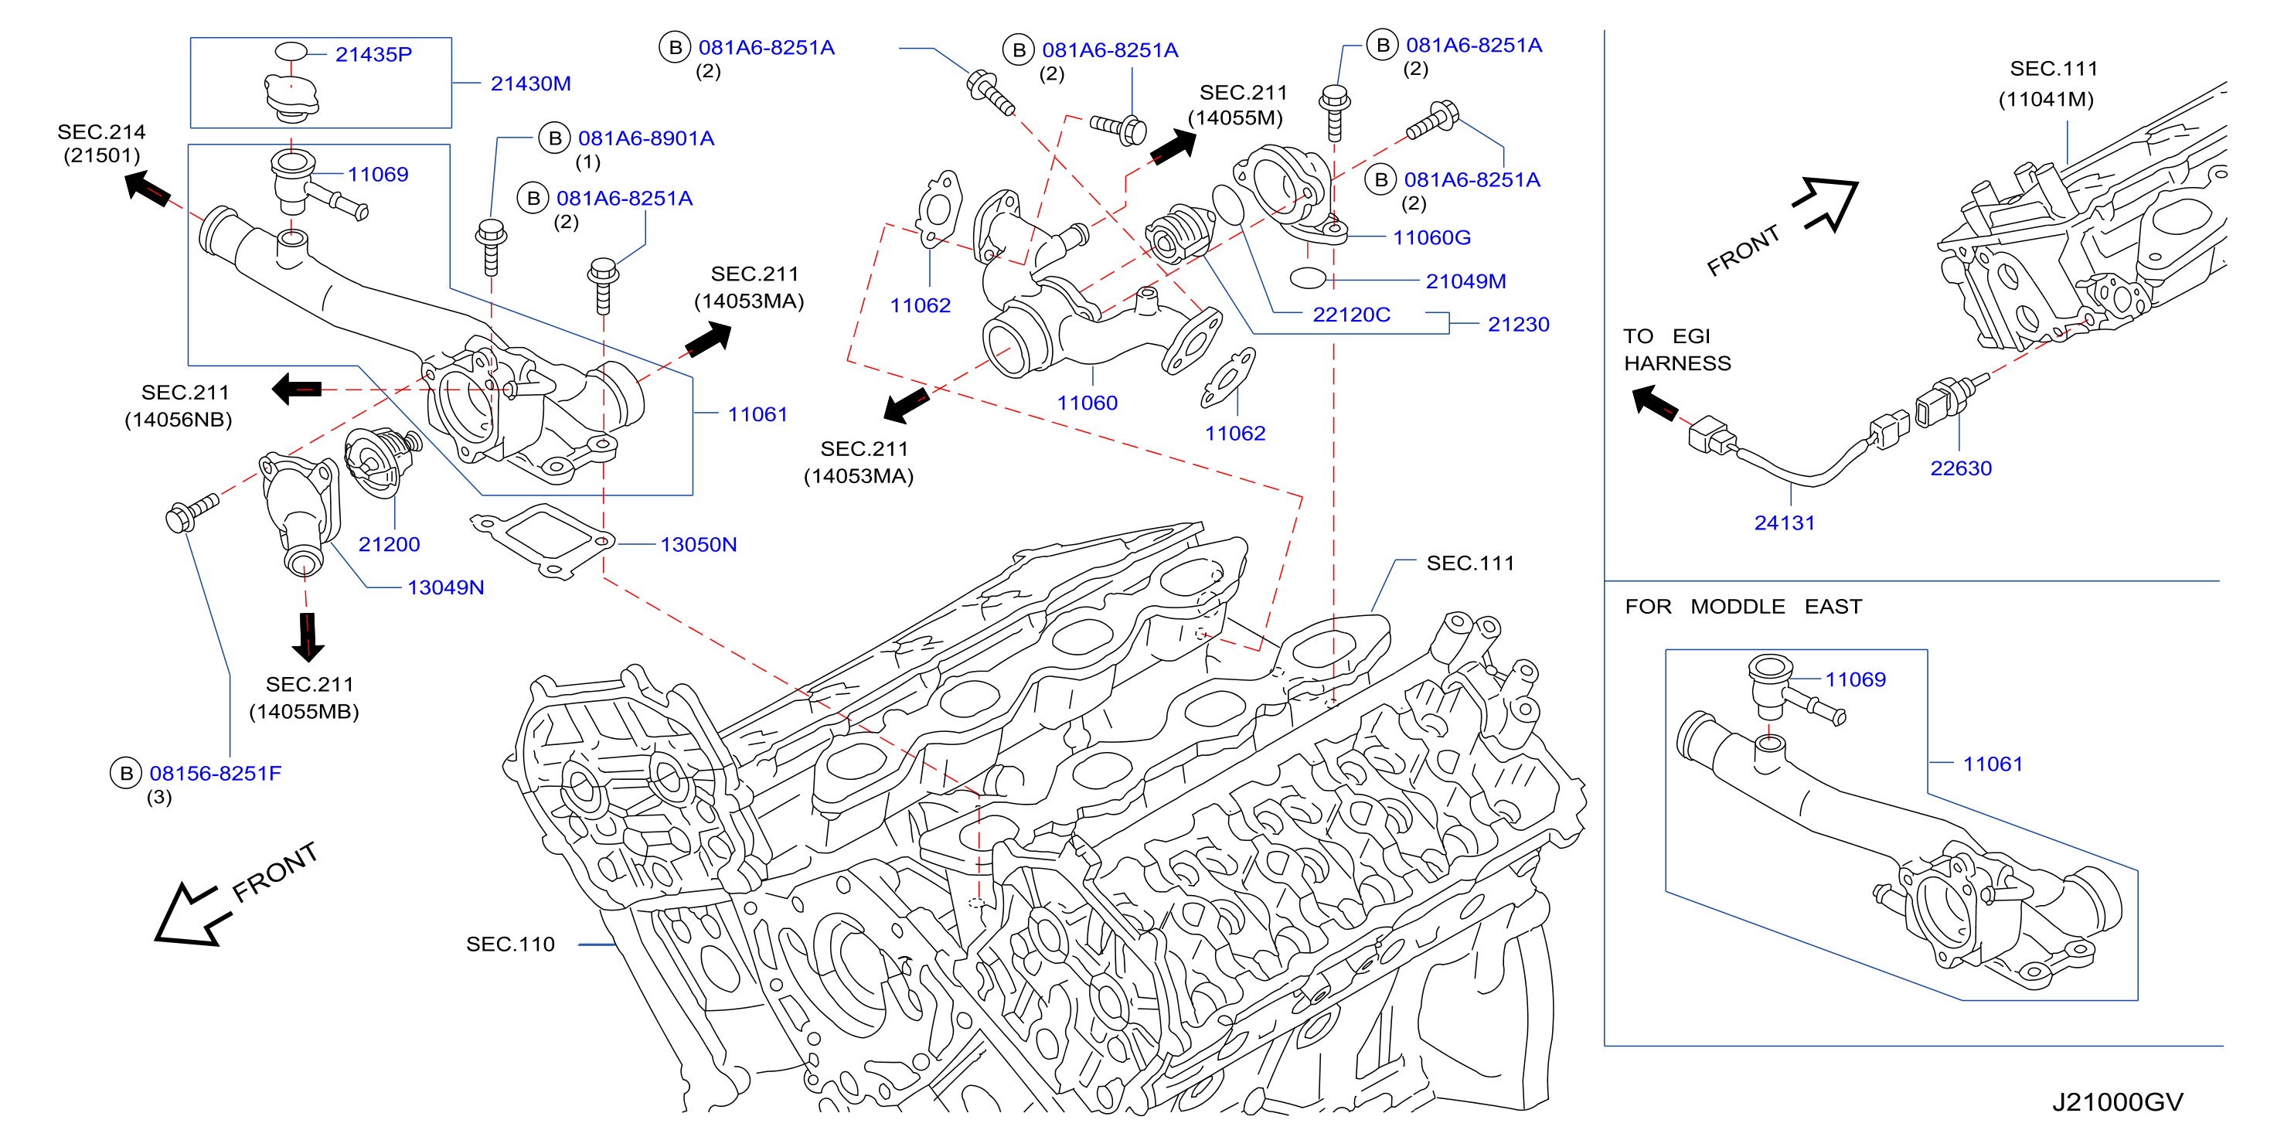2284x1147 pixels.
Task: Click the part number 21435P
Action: (373, 55)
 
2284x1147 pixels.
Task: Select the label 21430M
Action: (530, 84)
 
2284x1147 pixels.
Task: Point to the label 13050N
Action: (699, 544)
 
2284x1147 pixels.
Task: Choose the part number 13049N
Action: (445, 587)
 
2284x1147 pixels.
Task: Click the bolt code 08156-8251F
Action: (216, 774)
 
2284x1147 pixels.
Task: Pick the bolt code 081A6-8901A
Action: (646, 138)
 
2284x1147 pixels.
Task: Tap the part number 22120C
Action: (1351, 315)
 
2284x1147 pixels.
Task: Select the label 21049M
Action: (1465, 281)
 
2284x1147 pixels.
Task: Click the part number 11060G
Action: (1432, 237)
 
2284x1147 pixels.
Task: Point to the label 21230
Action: (1519, 325)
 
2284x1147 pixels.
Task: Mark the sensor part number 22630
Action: (1961, 468)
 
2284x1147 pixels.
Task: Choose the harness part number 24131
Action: (1785, 523)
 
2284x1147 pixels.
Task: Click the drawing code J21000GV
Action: (2117, 1102)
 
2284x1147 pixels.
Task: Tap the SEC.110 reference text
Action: (511, 944)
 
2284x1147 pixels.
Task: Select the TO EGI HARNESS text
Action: (1676, 349)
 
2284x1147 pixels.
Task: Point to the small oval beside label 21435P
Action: (291, 52)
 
